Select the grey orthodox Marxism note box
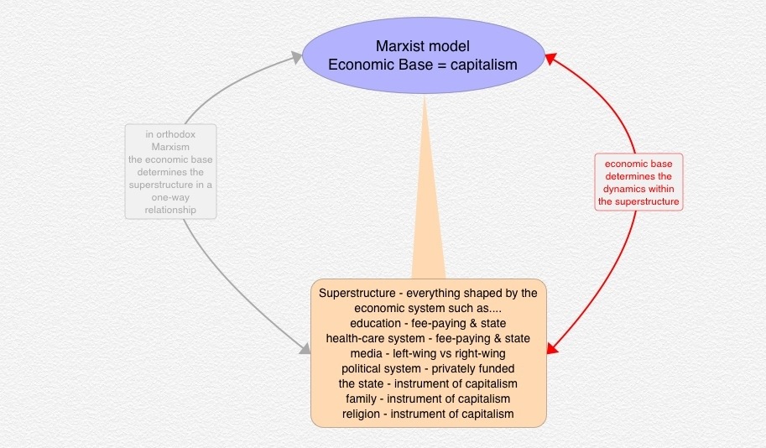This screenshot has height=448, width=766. pos(170,171)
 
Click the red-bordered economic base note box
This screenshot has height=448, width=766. pos(638,181)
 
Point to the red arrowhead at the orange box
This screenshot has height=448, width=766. pos(554,348)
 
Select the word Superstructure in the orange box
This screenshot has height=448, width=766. pos(354,293)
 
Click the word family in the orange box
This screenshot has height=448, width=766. pos(362,399)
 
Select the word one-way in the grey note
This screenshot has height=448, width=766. pos(170,197)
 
